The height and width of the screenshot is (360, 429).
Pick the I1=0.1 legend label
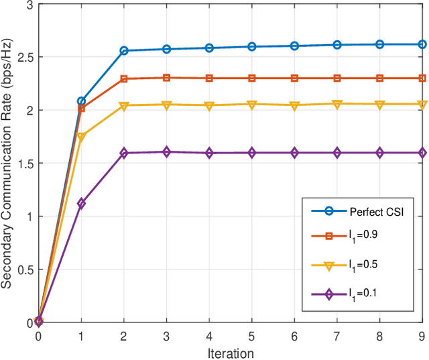(x=364, y=294)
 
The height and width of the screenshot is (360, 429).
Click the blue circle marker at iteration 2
(x=124, y=51)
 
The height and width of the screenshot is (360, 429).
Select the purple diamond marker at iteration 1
(x=81, y=203)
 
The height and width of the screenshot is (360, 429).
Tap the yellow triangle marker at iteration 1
(x=81, y=137)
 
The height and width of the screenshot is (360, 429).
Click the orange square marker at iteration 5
(x=252, y=78)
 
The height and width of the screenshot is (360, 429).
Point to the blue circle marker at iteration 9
(x=422, y=44)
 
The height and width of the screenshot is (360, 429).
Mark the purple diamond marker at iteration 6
(x=294, y=153)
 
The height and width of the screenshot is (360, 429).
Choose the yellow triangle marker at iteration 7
(x=337, y=104)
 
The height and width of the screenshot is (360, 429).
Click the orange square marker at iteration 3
(x=167, y=78)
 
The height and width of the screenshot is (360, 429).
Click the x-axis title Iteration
(x=231, y=353)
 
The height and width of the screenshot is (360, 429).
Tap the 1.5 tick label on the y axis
(x=23, y=163)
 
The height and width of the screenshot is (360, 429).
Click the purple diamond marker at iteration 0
(x=39, y=320)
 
